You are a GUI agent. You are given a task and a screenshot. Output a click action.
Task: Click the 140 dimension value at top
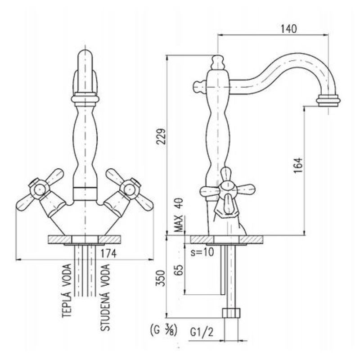pos(288,29)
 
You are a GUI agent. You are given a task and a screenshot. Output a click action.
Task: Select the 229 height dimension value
pos(161,136)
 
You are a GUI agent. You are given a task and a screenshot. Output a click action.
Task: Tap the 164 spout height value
pos(298,165)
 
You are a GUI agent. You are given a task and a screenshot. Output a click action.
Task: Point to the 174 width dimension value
pos(108,253)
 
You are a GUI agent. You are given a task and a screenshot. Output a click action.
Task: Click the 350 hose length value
pos(161,278)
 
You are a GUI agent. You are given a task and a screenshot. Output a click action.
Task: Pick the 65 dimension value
pos(179,270)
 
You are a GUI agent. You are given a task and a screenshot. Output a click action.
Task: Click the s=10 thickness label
pos(202,252)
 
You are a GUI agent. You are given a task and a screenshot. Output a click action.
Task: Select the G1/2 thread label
pos(202,332)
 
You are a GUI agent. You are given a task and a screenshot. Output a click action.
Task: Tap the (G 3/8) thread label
pos(163,331)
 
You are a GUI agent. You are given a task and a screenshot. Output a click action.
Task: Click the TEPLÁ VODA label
pos(67,291)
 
